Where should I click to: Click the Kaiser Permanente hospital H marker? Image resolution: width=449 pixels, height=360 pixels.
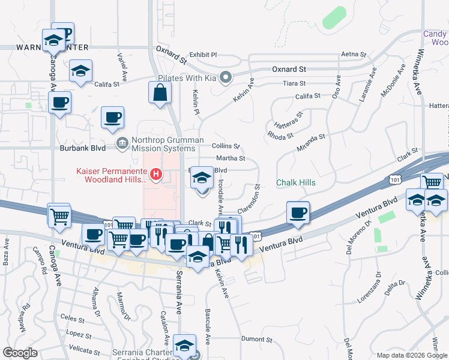(x=156, y=175)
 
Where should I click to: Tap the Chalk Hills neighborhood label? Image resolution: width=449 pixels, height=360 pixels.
(x=295, y=182)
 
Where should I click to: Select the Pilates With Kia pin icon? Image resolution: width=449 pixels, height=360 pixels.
(x=226, y=77)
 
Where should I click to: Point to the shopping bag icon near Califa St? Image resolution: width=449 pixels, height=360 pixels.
(x=160, y=93)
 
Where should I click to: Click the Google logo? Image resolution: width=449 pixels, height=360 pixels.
(x=20, y=353)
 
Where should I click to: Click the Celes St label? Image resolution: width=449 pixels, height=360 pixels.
(x=73, y=318)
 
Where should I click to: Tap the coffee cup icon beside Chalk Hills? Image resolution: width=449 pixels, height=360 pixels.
(x=298, y=212)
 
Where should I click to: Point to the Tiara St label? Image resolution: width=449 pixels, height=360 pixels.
(x=295, y=83)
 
